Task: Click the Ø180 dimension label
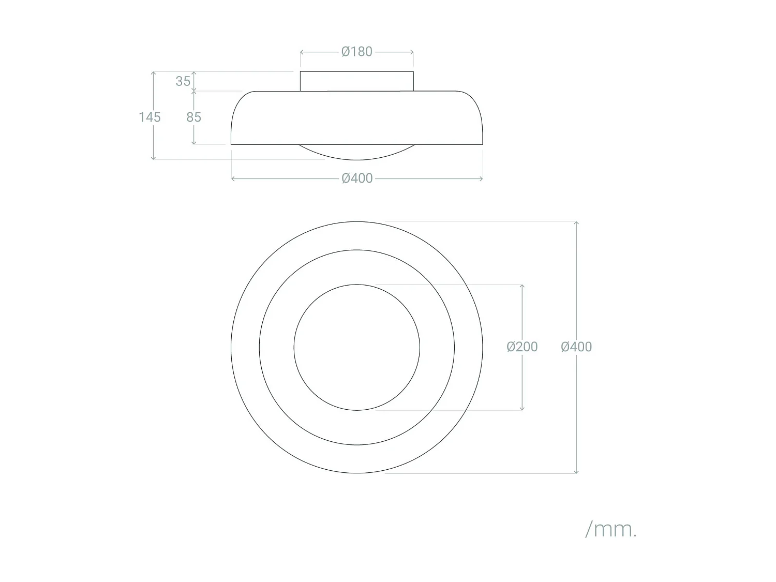click(357, 52)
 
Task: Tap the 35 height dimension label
click(183, 81)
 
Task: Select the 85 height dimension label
click(193, 117)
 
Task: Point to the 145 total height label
click(150, 117)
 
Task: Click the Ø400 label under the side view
click(357, 178)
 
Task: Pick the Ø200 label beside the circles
click(522, 347)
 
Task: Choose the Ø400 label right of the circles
click(576, 347)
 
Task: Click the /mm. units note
click(611, 529)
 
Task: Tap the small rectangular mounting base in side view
click(357, 81)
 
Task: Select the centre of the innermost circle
click(357, 347)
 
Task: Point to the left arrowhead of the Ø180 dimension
click(302, 52)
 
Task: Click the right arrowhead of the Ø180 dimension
click(412, 52)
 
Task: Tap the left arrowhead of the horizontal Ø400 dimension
click(232, 178)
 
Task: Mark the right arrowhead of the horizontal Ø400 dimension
click(482, 178)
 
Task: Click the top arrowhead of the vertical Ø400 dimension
click(576, 222)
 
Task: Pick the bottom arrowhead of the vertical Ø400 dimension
click(576, 472)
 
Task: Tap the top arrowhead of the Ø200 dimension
click(522, 286)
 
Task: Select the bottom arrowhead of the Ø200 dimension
click(522, 409)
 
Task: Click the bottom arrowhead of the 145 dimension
click(153, 158)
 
